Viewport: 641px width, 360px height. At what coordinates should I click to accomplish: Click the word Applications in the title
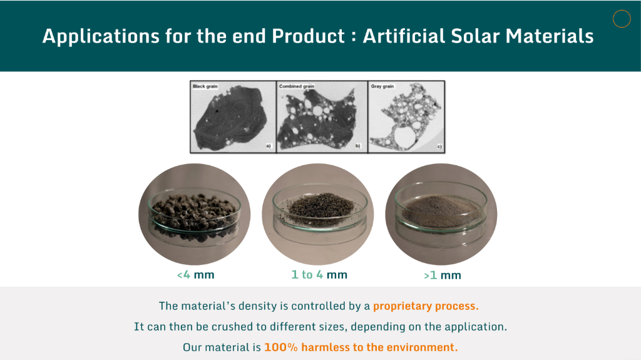click(x=101, y=36)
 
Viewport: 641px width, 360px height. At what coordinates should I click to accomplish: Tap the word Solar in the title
click(x=476, y=36)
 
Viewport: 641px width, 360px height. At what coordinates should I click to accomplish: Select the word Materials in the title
click(x=550, y=36)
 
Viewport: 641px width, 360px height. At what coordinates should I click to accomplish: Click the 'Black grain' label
click(x=205, y=86)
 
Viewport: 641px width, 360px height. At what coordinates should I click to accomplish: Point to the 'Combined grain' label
click(x=297, y=86)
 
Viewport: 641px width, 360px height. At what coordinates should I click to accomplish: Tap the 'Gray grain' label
click(x=382, y=86)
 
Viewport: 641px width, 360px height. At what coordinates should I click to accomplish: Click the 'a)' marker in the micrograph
click(x=269, y=146)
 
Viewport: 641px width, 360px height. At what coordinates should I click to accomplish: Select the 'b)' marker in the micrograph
click(x=358, y=146)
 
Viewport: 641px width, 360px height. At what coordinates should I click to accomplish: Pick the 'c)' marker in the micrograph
click(x=439, y=146)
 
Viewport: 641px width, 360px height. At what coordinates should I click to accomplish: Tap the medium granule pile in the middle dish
click(x=321, y=205)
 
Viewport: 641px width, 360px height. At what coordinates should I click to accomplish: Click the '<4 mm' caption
click(x=196, y=275)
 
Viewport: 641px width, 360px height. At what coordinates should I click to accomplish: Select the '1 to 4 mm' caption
click(x=319, y=275)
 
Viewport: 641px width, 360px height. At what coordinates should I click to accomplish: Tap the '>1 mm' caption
click(x=443, y=275)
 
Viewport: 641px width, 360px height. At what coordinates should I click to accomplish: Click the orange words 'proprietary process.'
click(x=426, y=306)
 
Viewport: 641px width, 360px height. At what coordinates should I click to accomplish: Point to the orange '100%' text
click(x=281, y=347)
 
